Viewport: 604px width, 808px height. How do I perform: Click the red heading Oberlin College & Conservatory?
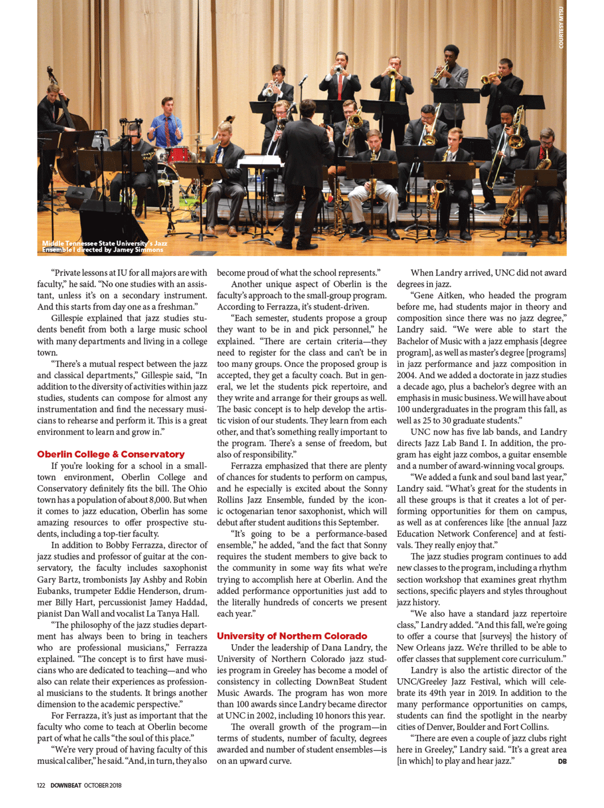111,455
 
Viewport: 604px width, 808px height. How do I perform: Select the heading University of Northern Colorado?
292,636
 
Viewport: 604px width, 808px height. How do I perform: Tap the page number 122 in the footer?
41,785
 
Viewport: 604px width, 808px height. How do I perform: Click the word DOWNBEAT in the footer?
66,785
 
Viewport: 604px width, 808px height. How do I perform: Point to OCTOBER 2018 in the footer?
103,785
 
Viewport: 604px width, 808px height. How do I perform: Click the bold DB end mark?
562,761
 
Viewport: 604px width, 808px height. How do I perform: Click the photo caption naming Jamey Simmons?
105,246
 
